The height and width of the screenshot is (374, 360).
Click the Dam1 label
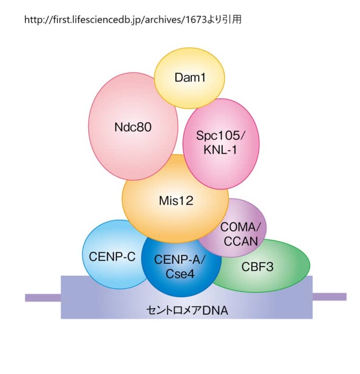(190, 77)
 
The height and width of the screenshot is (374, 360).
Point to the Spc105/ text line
(220, 135)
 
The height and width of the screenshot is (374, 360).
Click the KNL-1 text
(220, 149)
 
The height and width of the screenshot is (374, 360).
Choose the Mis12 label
(176, 201)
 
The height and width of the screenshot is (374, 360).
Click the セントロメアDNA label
(187, 311)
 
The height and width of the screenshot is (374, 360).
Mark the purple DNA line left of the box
(43, 298)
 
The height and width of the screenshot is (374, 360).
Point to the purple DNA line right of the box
(329, 297)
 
